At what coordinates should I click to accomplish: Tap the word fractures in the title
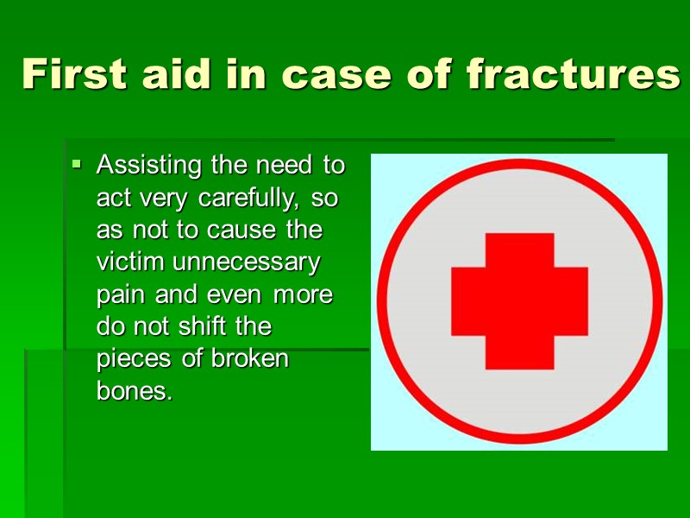pos(573,74)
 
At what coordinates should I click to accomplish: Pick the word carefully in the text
pos(249,198)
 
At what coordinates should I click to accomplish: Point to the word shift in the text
pos(200,326)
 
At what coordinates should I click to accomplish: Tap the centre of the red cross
pos(519,300)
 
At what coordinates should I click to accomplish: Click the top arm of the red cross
pos(519,250)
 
